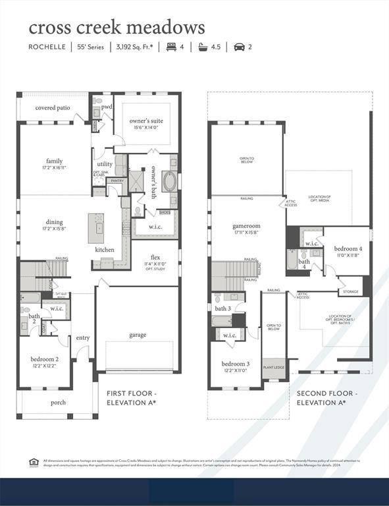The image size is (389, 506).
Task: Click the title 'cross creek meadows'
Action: click(116, 27)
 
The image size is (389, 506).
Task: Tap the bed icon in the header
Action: click(172, 47)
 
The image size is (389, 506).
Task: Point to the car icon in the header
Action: click(239, 47)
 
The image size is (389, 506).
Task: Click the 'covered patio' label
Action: click(53, 107)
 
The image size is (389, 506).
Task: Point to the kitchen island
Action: click(99, 228)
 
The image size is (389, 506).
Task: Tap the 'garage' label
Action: click(138, 335)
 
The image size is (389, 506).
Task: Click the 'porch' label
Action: click(59, 402)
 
